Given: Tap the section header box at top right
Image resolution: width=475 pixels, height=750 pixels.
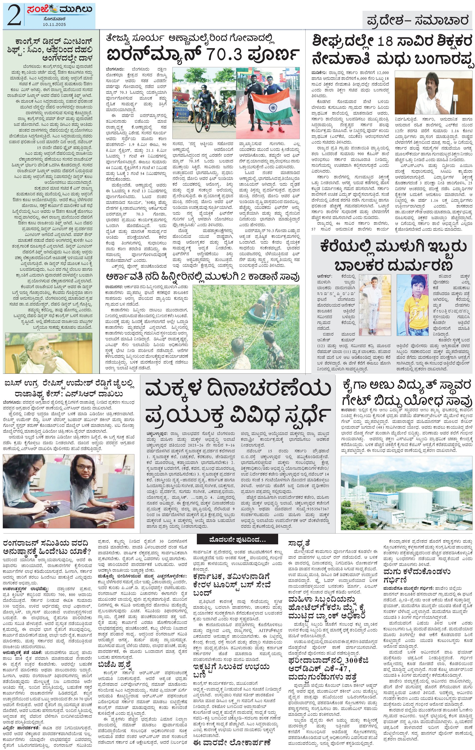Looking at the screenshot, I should [417, 21].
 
